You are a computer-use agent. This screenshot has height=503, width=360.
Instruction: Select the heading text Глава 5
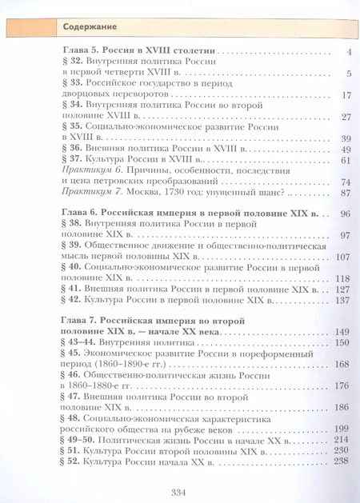[x=80, y=52]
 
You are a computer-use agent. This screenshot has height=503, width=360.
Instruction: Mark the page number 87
[x=346, y=192]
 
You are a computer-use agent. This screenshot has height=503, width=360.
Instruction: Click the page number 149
[x=343, y=332]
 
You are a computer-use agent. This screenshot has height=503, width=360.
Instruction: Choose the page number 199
[x=343, y=429]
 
